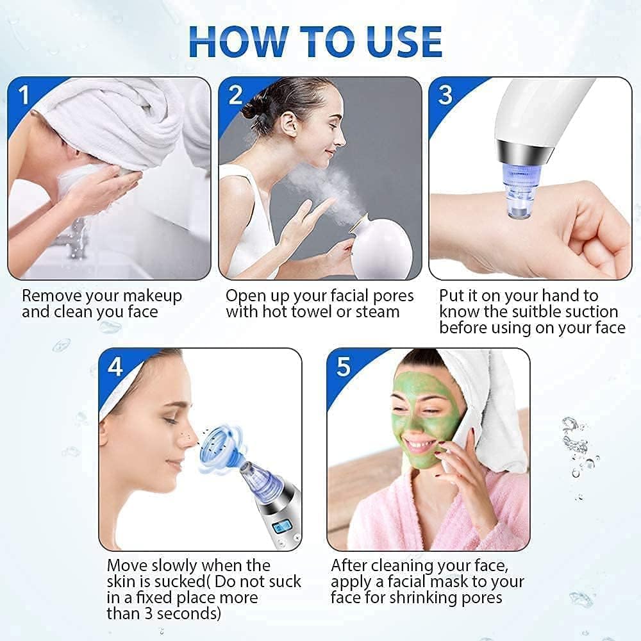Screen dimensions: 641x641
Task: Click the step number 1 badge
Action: pyautogui.click(x=24, y=96)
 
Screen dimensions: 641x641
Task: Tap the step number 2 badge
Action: pyautogui.click(x=235, y=96)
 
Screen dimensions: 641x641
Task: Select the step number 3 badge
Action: pyautogui.click(x=445, y=96)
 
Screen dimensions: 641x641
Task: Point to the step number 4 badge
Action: pyautogui.click(x=115, y=367)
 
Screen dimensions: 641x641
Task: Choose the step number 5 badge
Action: pyautogui.click(x=344, y=367)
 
